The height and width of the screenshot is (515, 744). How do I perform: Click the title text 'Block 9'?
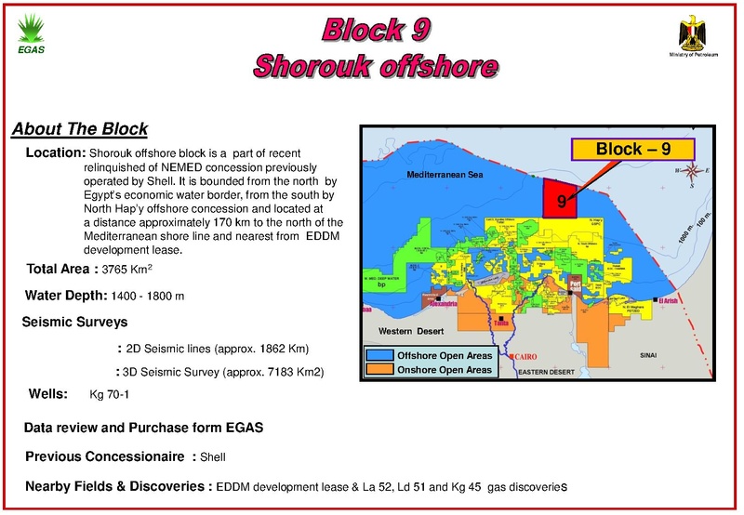click(x=376, y=30)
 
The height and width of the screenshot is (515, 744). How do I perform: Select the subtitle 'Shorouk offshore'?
click(x=376, y=66)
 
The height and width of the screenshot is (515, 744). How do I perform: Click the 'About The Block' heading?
click(x=79, y=128)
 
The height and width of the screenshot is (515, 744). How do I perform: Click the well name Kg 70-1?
click(x=109, y=395)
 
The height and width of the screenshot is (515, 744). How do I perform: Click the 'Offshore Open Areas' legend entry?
click(x=444, y=356)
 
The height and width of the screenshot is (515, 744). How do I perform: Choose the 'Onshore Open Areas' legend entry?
click(x=443, y=370)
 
